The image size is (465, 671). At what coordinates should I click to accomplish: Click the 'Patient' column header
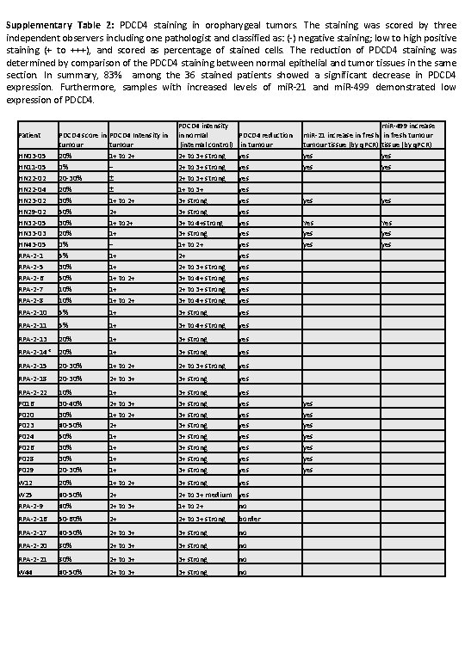[x=28, y=135]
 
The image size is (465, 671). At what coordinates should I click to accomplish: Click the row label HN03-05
[x=32, y=157]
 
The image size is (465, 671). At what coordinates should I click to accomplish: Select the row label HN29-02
[x=32, y=211]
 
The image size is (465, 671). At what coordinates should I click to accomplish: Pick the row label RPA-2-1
[x=30, y=255]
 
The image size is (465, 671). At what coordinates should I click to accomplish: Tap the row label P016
[x=26, y=403]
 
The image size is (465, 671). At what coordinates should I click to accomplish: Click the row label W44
[x=25, y=572]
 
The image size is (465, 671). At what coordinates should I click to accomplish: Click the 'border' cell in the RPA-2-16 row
[x=249, y=520]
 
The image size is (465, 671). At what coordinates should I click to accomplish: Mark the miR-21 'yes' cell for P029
[x=307, y=470]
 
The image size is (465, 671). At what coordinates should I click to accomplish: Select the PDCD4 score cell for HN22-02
[x=70, y=178]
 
